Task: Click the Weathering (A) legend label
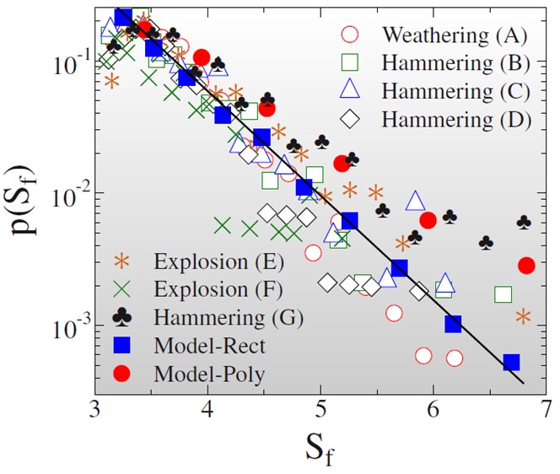point(454,35)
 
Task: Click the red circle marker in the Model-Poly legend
point(123,373)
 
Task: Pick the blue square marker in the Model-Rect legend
point(123,345)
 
